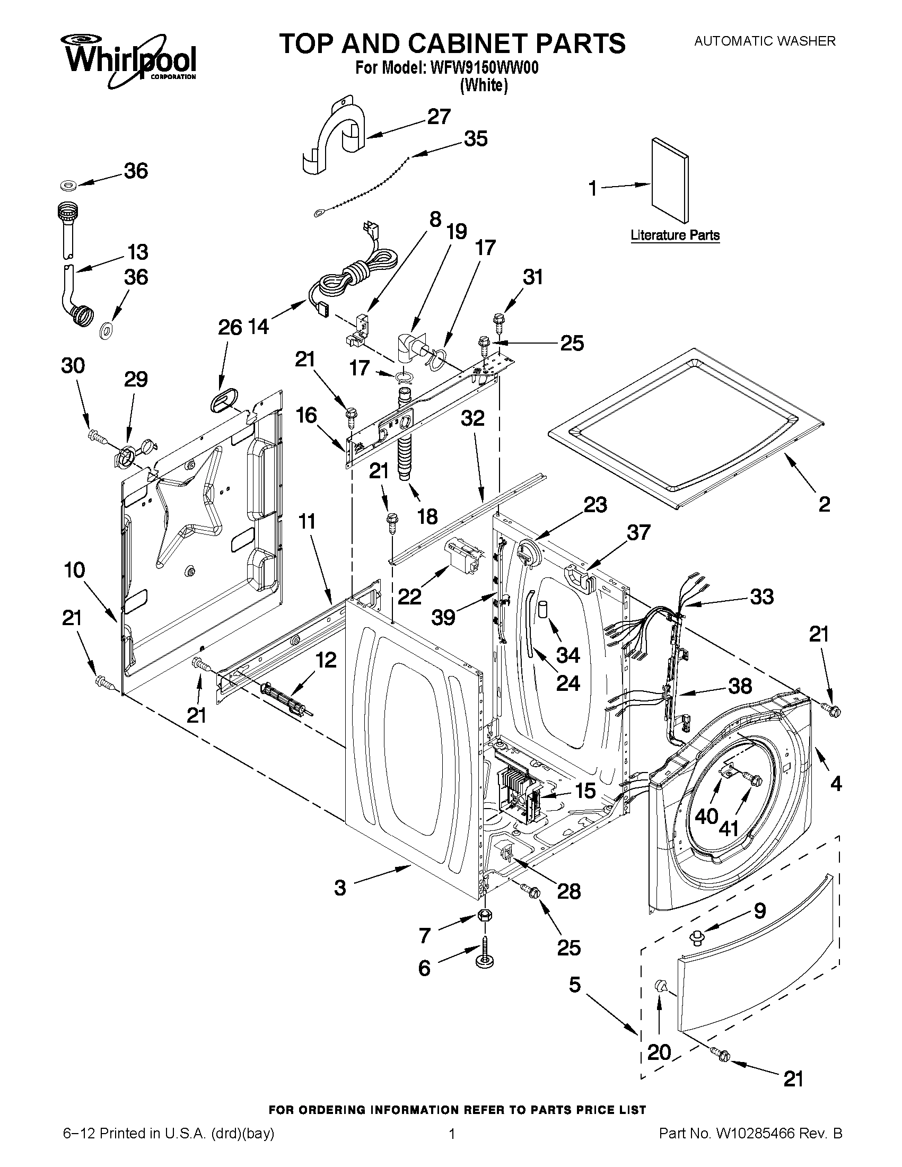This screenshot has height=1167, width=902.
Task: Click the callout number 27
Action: (x=439, y=117)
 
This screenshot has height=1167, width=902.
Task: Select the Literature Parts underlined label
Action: (x=675, y=235)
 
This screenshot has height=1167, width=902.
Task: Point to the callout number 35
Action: (x=476, y=139)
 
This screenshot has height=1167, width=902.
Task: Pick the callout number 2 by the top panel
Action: (x=824, y=504)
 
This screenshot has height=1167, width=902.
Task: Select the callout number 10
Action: (x=74, y=570)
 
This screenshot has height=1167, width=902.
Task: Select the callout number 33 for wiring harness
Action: (x=761, y=596)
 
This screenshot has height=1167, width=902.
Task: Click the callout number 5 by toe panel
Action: (x=574, y=984)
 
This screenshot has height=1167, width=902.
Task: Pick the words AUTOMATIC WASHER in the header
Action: (x=764, y=41)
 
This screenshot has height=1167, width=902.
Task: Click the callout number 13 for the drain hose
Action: (x=137, y=252)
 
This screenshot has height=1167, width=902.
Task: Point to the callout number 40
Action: (x=706, y=816)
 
